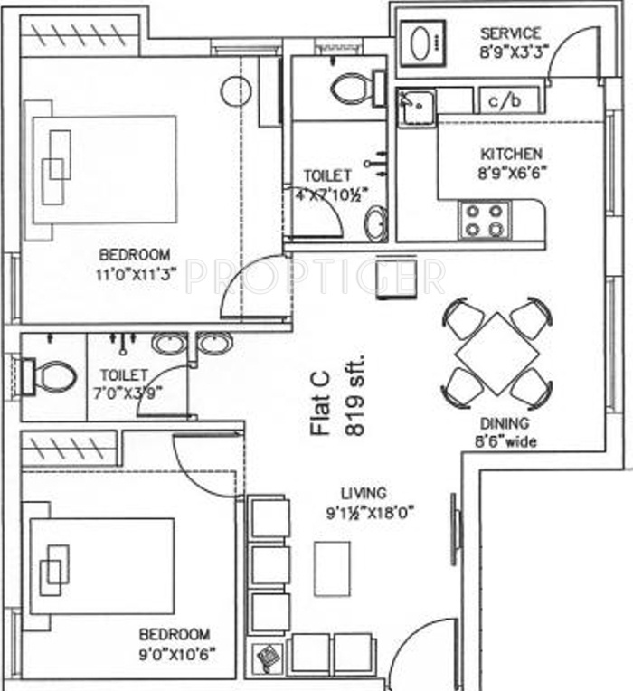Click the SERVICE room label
click(x=510, y=33)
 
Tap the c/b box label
click(x=505, y=100)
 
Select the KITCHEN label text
click(x=511, y=154)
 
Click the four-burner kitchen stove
click(x=485, y=220)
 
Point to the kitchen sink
click(x=416, y=107)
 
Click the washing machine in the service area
click(x=422, y=42)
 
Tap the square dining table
click(x=496, y=353)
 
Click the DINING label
click(x=505, y=423)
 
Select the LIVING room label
click(x=364, y=494)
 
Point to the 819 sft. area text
click(x=354, y=395)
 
